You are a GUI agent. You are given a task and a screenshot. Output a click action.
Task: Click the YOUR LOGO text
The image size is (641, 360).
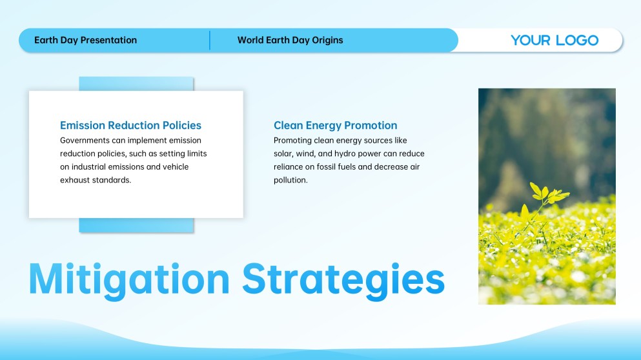coord(555,40)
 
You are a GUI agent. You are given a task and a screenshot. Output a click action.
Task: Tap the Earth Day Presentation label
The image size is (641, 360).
coord(85,40)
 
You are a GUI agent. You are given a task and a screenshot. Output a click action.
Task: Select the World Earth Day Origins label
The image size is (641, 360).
coord(290,40)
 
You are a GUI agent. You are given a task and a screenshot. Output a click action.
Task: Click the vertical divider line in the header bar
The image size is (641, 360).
coord(210,40)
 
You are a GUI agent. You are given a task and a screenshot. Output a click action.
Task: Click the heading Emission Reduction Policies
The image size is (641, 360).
coord(131,125)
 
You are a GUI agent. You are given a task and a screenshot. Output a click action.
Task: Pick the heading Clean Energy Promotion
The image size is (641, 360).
coord(336,125)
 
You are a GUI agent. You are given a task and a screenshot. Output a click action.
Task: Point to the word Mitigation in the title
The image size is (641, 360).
coord(129,280)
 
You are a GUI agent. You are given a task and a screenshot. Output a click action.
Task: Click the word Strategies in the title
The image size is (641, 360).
coord(343,280)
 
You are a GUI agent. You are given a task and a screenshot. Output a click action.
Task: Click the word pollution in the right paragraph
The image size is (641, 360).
coord(290,180)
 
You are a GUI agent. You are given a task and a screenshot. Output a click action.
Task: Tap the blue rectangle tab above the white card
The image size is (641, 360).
coord(136,84)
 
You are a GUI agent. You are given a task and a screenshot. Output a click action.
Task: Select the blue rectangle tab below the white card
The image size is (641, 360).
coord(136,225)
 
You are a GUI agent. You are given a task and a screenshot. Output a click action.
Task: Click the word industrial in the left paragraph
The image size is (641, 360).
coord(88,166)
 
